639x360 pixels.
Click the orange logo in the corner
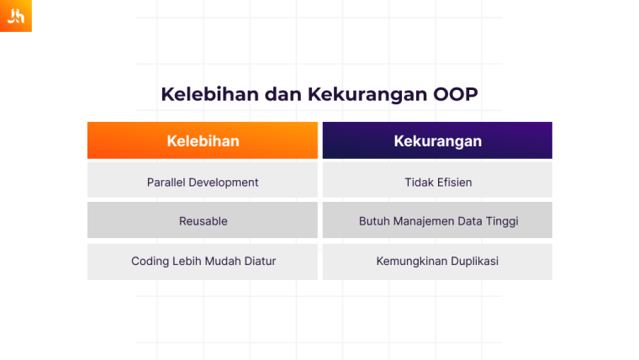(x=15, y=16)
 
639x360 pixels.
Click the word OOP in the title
(x=455, y=93)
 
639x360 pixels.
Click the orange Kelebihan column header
(x=203, y=140)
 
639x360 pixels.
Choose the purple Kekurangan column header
(x=437, y=140)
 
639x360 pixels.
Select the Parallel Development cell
(x=203, y=182)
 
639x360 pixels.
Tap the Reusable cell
(x=203, y=221)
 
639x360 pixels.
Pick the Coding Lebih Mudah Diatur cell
(x=203, y=262)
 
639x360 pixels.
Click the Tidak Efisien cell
(x=437, y=182)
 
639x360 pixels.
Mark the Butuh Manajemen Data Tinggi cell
(x=437, y=221)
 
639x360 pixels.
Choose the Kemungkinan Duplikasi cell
(x=437, y=262)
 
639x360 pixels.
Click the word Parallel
(x=166, y=182)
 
